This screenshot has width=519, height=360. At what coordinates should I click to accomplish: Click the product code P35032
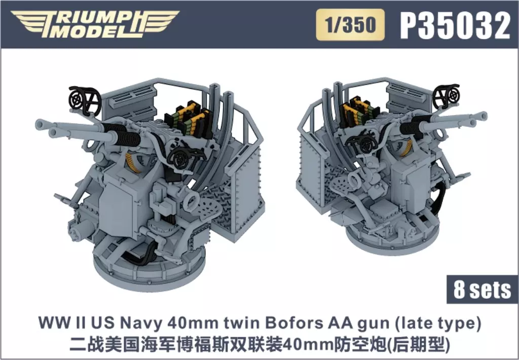(455, 26)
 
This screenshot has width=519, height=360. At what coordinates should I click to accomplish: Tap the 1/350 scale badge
(350, 25)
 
